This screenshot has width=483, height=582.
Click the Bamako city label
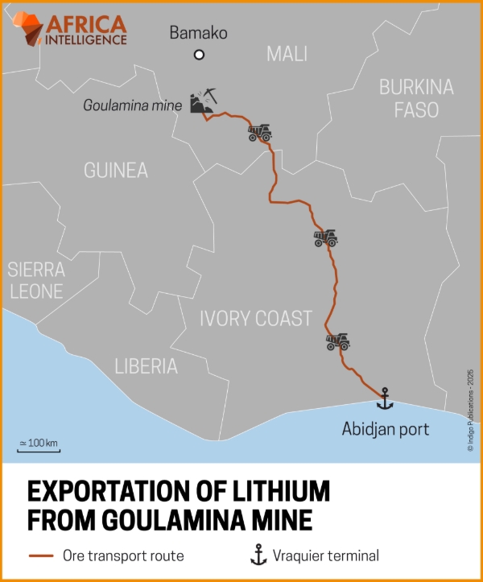198,34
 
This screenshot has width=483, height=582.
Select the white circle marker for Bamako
199,55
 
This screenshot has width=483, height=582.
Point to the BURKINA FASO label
416,98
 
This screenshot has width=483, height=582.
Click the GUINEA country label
116,171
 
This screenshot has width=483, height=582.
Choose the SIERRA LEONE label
35,280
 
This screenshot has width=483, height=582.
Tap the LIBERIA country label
146,366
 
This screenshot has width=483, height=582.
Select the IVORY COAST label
255,319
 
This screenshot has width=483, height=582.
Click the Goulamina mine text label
133,105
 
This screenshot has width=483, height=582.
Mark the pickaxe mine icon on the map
201,100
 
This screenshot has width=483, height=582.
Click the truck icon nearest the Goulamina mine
259,133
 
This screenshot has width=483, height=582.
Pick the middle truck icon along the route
325,238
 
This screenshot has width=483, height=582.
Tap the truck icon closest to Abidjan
337,341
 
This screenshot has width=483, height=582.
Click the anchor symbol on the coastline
385,397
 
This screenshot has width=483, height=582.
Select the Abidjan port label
385,429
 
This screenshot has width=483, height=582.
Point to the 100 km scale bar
39,444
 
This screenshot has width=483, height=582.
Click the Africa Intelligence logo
72,29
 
